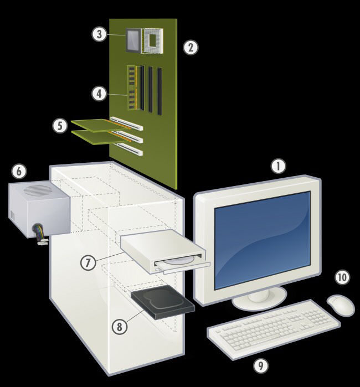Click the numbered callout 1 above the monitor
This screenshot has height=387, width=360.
pos(278,166)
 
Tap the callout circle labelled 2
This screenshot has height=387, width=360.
pos(191,47)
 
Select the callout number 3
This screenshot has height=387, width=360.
pos(99,34)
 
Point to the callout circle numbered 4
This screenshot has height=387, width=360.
pos(99,94)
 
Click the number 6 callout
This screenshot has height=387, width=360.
pos(19,171)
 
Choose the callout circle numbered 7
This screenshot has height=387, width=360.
pos(88,262)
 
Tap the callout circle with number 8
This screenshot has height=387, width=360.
pos(120,327)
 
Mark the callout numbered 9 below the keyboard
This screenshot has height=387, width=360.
pos(261,365)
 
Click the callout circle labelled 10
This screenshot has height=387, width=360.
pos(342,277)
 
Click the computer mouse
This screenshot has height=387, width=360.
pos(341,305)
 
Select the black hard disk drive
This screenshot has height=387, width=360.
pos(163,302)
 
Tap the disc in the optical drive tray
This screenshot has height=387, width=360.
pos(180,261)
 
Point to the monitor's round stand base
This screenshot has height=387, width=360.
pos(259,298)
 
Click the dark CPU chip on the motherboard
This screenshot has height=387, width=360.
pos(133,40)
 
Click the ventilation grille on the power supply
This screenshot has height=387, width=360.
pos(38,190)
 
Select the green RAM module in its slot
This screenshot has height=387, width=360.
pos(132,87)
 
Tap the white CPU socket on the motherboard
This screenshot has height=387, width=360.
pos(152,41)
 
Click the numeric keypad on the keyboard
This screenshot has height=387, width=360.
pos(317,317)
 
